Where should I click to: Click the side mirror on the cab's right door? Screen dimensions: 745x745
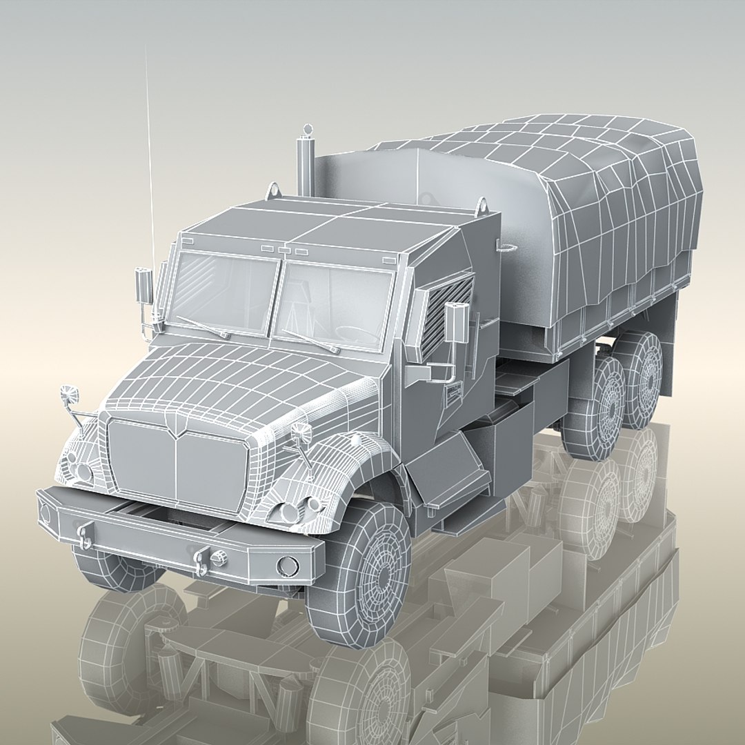pyautogui.click(x=453, y=323)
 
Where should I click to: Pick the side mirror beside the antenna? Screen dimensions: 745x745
pyautogui.click(x=143, y=286)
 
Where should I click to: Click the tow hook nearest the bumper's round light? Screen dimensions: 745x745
pyautogui.click(x=202, y=560)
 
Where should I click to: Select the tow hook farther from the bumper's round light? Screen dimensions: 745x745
pyautogui.click(x=85, y=535)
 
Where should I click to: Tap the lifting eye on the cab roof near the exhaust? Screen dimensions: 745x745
pyautogui.click(x=274, y=189)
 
